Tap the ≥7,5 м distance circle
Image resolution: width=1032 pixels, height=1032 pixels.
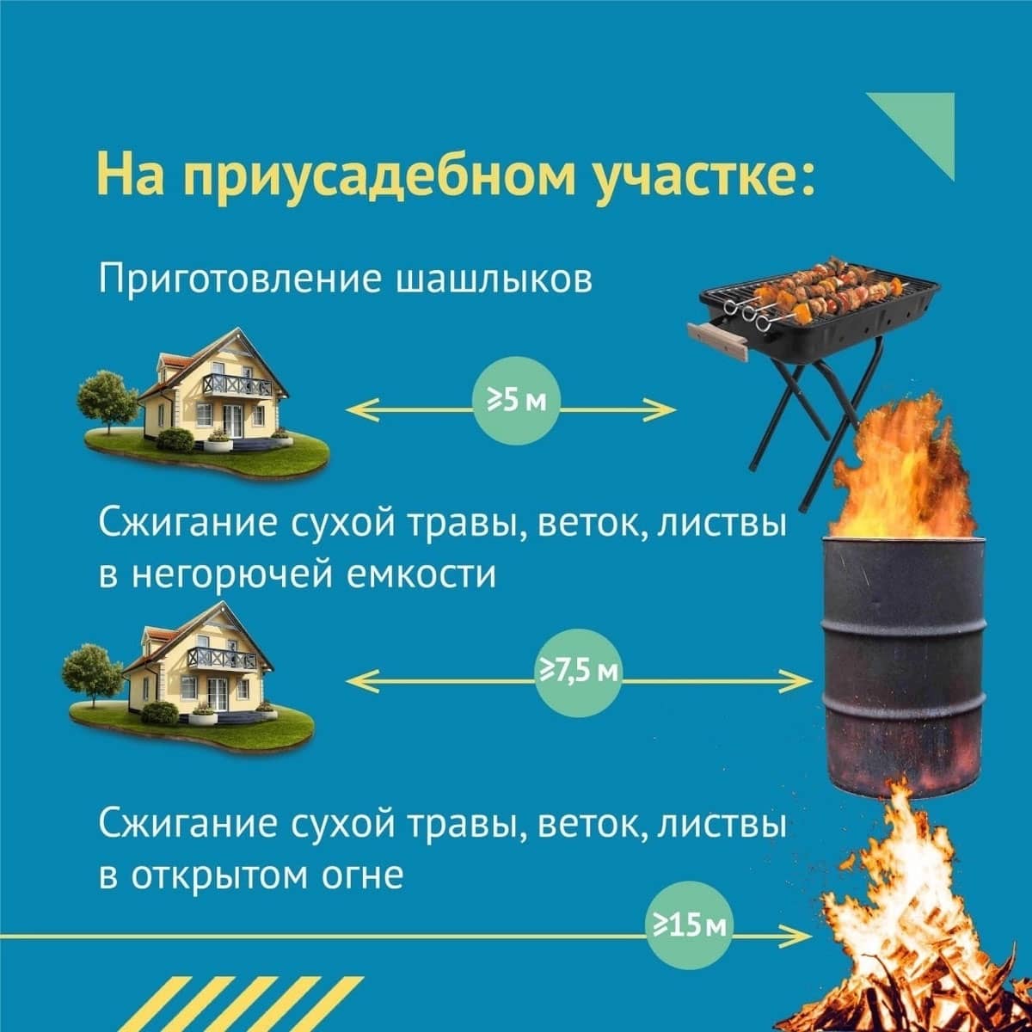coord(579,673)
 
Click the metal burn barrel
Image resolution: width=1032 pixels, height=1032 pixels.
coord(904,666)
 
